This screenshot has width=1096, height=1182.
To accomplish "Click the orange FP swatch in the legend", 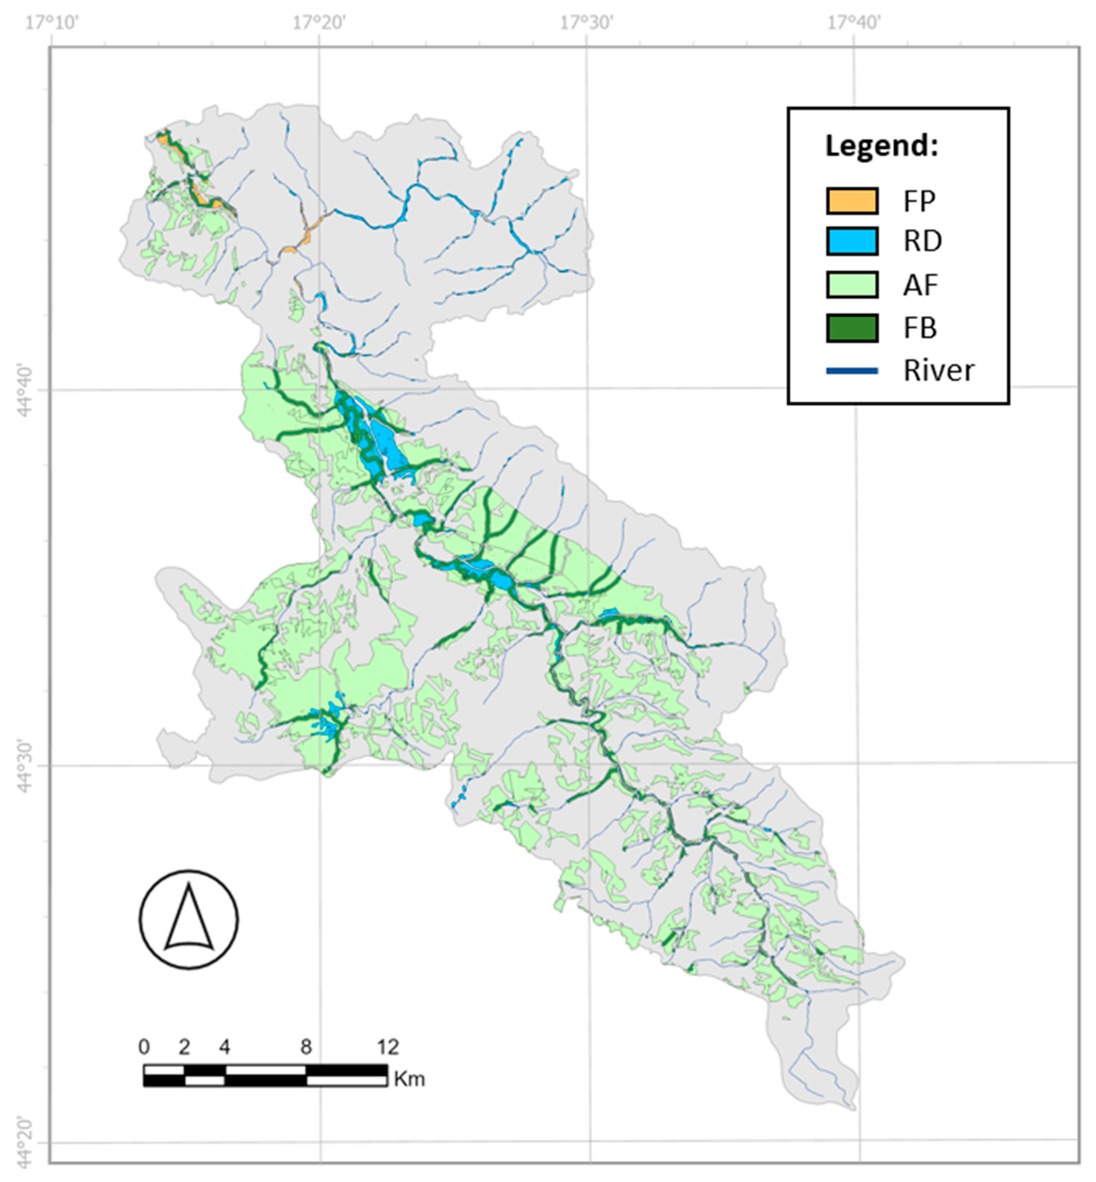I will coord(852,201).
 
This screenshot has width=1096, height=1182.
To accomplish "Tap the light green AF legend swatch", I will coord(852,285).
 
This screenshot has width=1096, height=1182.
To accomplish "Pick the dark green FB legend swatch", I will coord(852,328).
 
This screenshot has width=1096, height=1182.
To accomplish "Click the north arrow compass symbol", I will coord(189,919).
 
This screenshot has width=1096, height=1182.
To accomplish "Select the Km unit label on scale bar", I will coord(409,1078).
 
